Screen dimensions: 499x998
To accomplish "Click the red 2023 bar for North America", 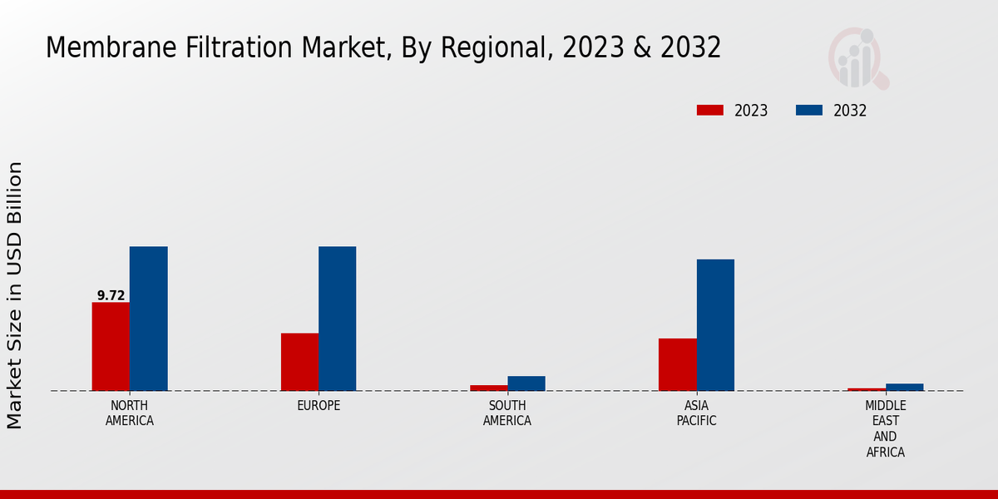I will (111, 346).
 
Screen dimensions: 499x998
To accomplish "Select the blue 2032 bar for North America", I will (148, 319).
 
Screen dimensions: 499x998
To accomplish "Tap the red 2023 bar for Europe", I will (299, 362).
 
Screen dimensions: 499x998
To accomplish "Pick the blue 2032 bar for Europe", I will (337, 319).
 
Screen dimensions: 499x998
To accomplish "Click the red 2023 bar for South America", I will (488, 388).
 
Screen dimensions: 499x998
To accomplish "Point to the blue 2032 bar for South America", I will (526, 383).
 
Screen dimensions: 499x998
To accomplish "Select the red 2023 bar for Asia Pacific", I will (677, 364).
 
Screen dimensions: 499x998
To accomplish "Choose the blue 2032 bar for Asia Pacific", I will (715, 325).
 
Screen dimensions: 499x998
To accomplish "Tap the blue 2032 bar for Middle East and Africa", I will (904, 387).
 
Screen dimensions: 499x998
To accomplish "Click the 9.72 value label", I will (111, 295).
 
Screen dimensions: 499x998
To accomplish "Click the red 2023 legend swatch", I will (709, 111).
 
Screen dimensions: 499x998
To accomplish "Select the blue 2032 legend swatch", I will (808, 111).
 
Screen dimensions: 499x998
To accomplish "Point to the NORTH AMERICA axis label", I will (130, 413).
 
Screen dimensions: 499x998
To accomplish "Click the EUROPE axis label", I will (319, 406).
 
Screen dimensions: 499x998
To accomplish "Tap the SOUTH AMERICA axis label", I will (507, 413).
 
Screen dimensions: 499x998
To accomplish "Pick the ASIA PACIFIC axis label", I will (696, 413).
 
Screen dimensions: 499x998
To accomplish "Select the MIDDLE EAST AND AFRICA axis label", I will (885, 428).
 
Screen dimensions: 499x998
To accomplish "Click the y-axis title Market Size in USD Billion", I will (15, 295).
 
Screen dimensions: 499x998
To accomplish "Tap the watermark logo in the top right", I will (857, 58).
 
